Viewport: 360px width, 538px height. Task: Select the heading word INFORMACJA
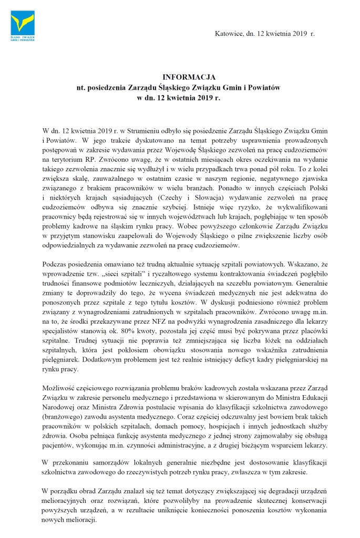[179, 77]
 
